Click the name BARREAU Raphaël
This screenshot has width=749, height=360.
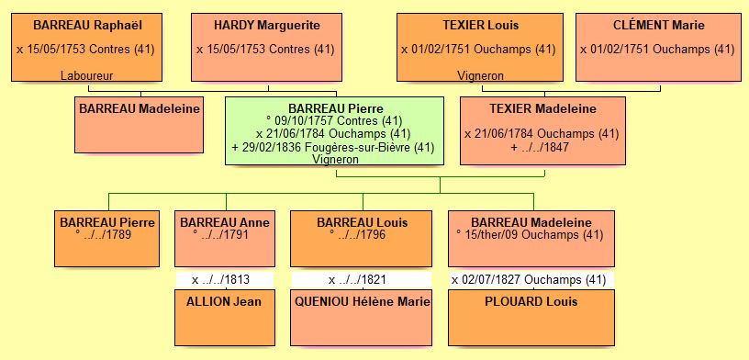tap(87, 25)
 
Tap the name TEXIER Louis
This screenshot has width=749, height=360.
tap(480, 25)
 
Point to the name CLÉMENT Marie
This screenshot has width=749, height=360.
tap(658, 25)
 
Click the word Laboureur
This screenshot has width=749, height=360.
tap(87, 74)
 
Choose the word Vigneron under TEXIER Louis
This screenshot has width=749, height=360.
tap(480, 74)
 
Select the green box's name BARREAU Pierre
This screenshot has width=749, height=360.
tap(335, 108)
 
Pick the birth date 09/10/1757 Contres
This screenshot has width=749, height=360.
tap(335, 120)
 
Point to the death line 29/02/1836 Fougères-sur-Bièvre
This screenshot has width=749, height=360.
tap(335, 147)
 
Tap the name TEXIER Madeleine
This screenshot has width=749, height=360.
tap(542, 109)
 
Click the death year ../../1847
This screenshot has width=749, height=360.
tap(542, 147)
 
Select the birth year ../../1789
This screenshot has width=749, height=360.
tap(108, 234)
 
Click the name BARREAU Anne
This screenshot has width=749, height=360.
tap(225, 222)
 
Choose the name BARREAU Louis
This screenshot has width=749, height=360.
tap(362, 222)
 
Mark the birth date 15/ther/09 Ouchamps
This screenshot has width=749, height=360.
tap(530, 234)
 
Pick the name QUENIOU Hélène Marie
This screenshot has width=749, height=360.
tap(362, 301)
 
